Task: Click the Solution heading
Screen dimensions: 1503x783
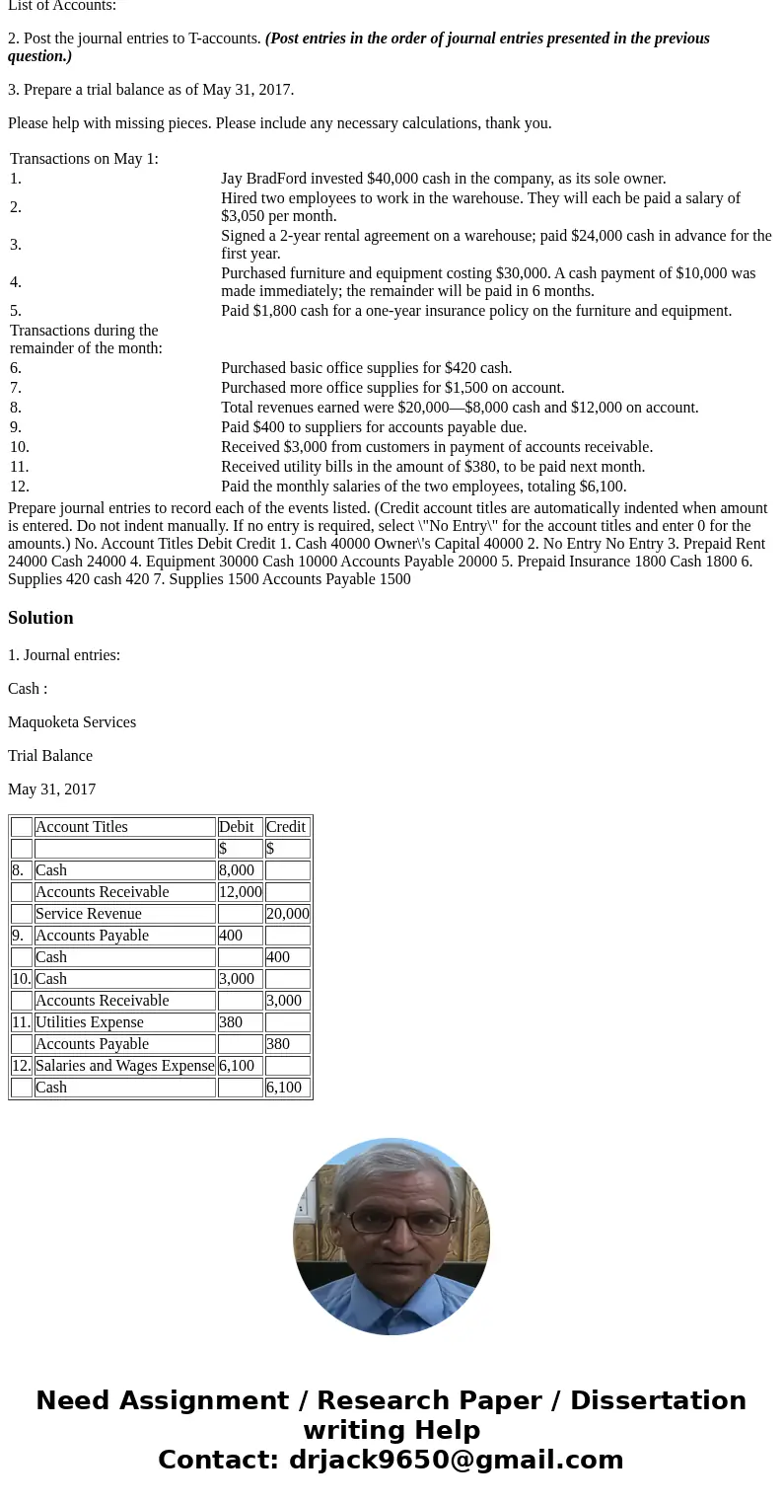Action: click(x=40, y=618)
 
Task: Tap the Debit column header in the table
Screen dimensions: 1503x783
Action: click(x=237, y=827)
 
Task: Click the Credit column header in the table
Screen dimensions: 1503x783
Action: click(x=286, y=827)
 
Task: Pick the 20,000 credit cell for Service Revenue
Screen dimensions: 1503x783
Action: click(x=287, y=914)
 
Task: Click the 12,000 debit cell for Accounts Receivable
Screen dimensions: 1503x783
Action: click(x=240, y=892)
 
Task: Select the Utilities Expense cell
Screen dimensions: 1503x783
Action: click(x=90, y=1022)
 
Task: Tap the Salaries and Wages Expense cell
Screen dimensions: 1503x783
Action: click(x=124, y=1066)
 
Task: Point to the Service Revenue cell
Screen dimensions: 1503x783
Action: click(x=89, y=914)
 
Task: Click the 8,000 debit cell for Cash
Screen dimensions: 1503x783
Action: click(x=237, y=870)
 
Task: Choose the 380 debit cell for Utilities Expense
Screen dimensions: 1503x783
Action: click(x=231, y=1022)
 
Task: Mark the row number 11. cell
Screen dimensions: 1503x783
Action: click(x=21, y=1022)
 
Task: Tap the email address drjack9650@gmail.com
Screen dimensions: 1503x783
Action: click(x=456, y=1461)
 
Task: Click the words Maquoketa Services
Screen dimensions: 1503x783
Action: click(x=72, y=722)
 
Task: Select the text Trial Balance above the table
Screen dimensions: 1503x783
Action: click(x=50, y=756)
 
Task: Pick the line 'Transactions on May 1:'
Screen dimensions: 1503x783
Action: click(x=84, y=159)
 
